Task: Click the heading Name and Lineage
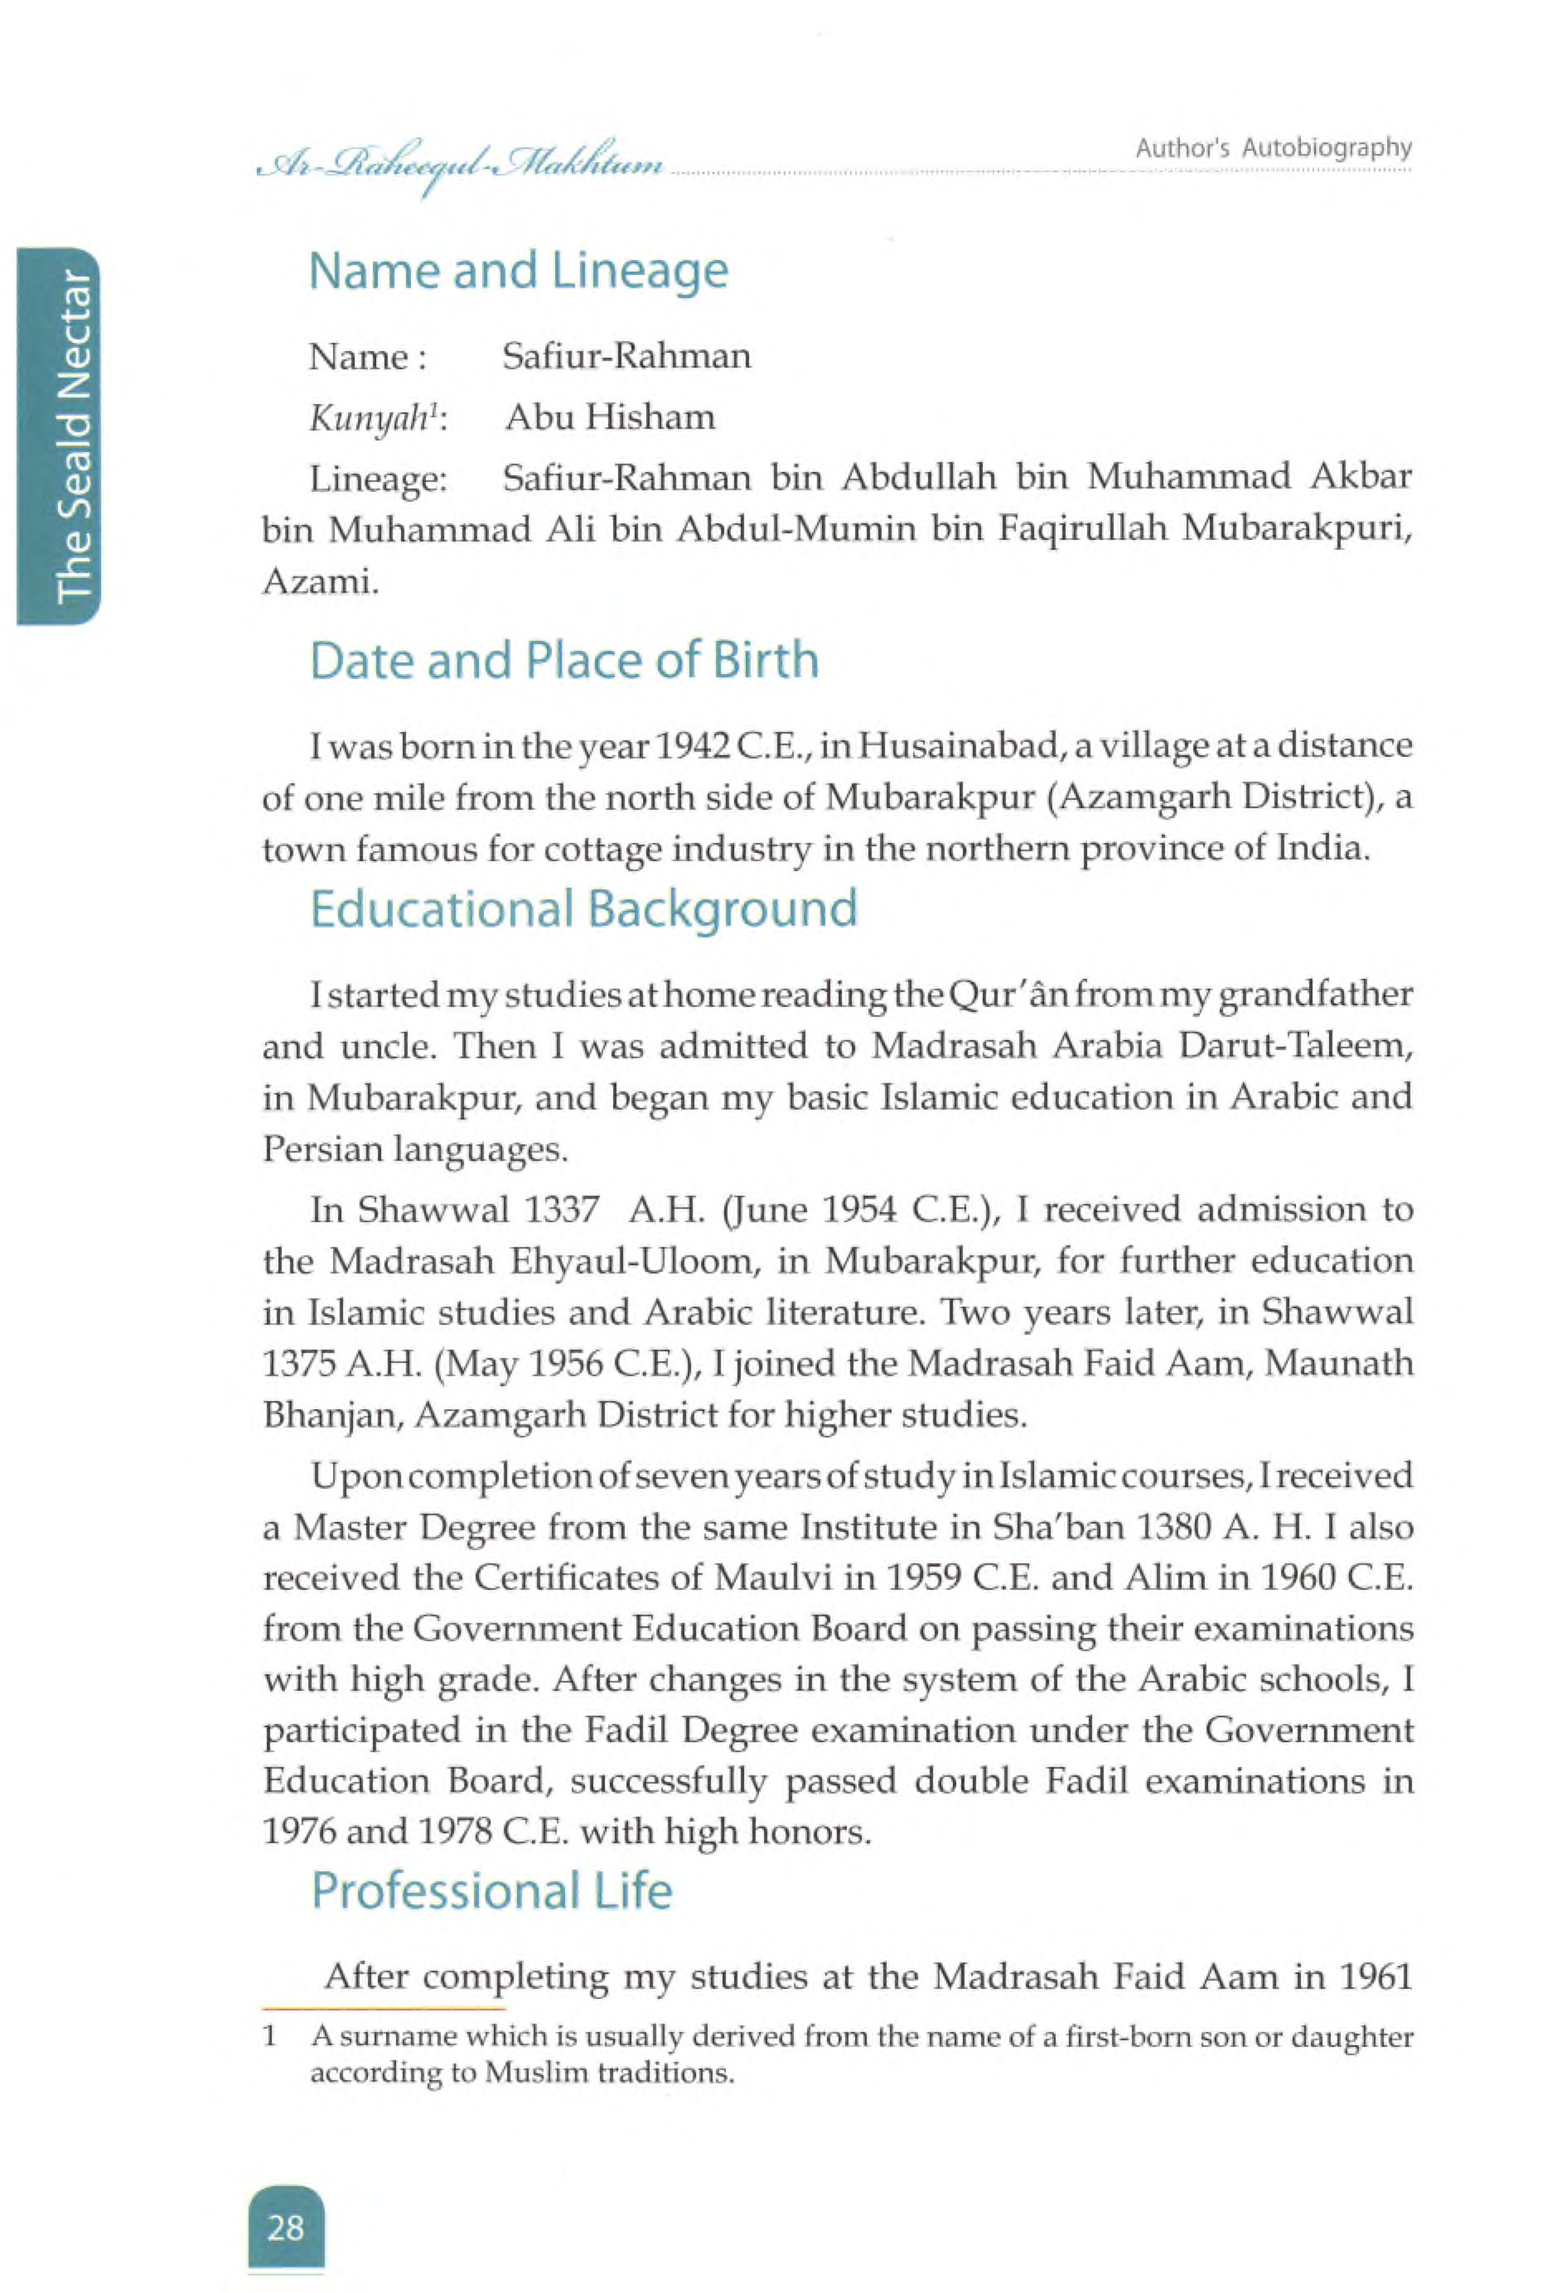pyautogui.click(x=518, y=272)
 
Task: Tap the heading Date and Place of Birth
pyautogui.click(x=563, y=660)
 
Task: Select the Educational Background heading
pyautogui.click(x=583, y=908)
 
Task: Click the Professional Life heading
pyautogui.click(x=491, y=1890)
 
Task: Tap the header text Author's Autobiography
pyautogui.click(x=1273, y=149)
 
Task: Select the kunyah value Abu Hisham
pyautogui.click(x=610, y=417)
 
